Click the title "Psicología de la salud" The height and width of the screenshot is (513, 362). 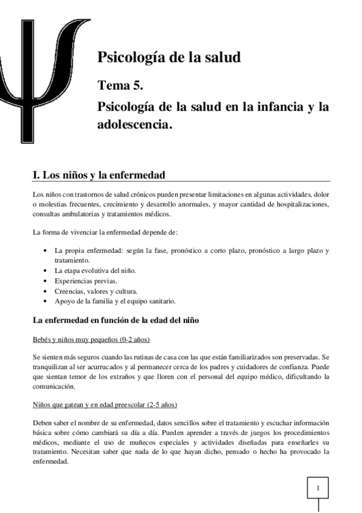point(169,58)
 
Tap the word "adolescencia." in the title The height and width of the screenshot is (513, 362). point(135,125)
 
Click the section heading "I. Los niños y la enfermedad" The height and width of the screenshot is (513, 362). point(98,175)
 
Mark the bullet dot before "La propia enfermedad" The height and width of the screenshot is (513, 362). point(47,250)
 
